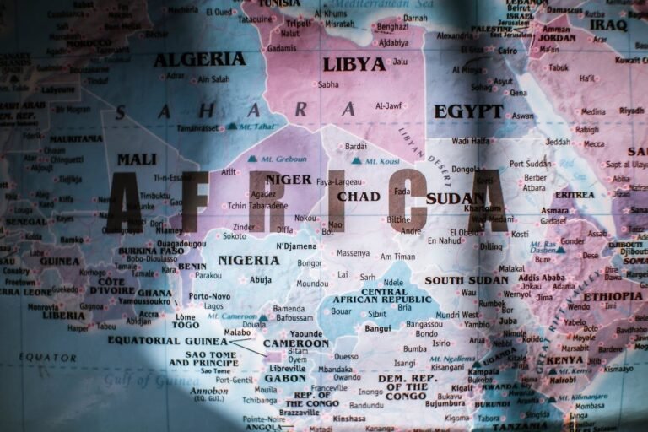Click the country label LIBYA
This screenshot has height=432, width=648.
click(354, 64)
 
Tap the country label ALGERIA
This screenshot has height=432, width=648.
click(200, 60)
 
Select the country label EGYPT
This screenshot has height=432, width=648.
click(468, 111)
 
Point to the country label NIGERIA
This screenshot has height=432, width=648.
click(249, 260)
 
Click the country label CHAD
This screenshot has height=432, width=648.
click(359, 197)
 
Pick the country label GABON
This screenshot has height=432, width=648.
click(285, 379)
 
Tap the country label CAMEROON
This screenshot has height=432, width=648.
click(296, 343)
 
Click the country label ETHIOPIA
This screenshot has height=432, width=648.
click(613, 296)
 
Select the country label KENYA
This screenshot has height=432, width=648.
click(564, 360)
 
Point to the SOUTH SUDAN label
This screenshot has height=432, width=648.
click(467, 280)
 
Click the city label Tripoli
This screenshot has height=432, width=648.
click(300, 23)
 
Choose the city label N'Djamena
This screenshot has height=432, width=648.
click(296, 246)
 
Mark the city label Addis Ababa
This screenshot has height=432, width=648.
click(542, 277)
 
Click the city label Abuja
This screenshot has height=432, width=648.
click(261, 279)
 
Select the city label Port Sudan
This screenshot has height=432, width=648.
click(529, 164)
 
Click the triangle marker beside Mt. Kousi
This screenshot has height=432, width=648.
click(356, 160)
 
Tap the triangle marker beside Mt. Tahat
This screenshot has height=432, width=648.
click(232, 126)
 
